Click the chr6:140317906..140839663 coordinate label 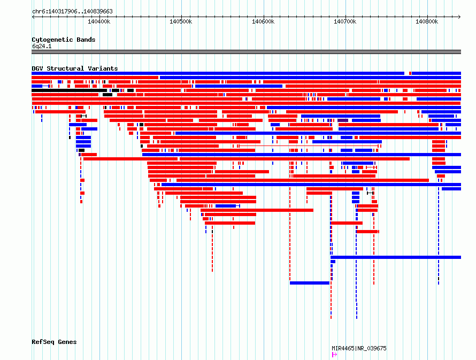tap(72, 11)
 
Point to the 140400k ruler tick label tap(99, 21)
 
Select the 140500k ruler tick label tap(181, 21)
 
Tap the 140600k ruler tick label tap(263, 21)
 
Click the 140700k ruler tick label tap(345, 21)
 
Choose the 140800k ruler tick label tap(427, 21)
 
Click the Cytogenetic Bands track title tap(64, 40)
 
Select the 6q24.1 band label tap(42, 46)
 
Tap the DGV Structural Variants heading tap(75, 68)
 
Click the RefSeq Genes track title tap(54, 342)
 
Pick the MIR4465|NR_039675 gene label tap(359, 348)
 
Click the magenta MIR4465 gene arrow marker tap(334, 355)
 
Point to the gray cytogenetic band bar tap(246, 52)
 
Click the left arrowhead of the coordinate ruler tap(33, 17)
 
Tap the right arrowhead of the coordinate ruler tap(459, 17)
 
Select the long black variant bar tap(69, 90)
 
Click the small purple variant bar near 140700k tap(343, 120)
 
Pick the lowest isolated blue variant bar tap(310, 283)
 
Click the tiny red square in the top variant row tap(410, 73)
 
